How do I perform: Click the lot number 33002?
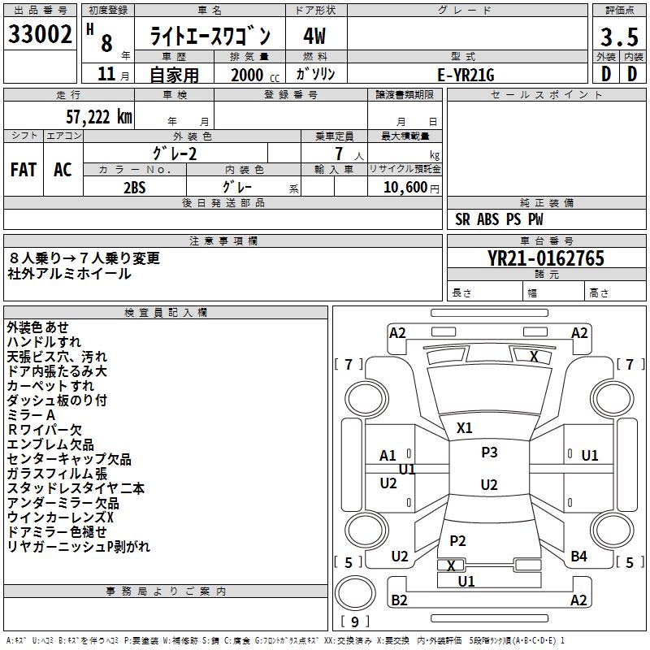coord(40,34)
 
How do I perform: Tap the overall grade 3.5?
coord(619,37)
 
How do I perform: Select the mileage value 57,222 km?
coord(99,117)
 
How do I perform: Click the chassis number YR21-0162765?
coord(546,258)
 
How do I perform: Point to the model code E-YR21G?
coord(466,75)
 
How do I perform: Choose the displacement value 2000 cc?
coord(255,75)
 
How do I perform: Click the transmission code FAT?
coord(24,170)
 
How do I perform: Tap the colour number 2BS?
coord(135,188)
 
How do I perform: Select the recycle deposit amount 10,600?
coord(405,187)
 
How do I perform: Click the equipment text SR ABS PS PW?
coord(499,219)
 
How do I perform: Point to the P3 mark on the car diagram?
coord(489,452)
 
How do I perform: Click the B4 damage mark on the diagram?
coord(578,556)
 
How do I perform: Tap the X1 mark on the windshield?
coord(464,427)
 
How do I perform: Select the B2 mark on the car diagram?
coord(399,600)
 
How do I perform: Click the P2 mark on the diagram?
coord(457,540)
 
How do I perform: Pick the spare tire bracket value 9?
coord(354,622)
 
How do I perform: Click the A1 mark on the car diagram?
coord(388,456)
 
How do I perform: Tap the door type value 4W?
coord(314,36)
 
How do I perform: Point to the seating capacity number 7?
coord(339,154)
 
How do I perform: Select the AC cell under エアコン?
coord(63,170)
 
